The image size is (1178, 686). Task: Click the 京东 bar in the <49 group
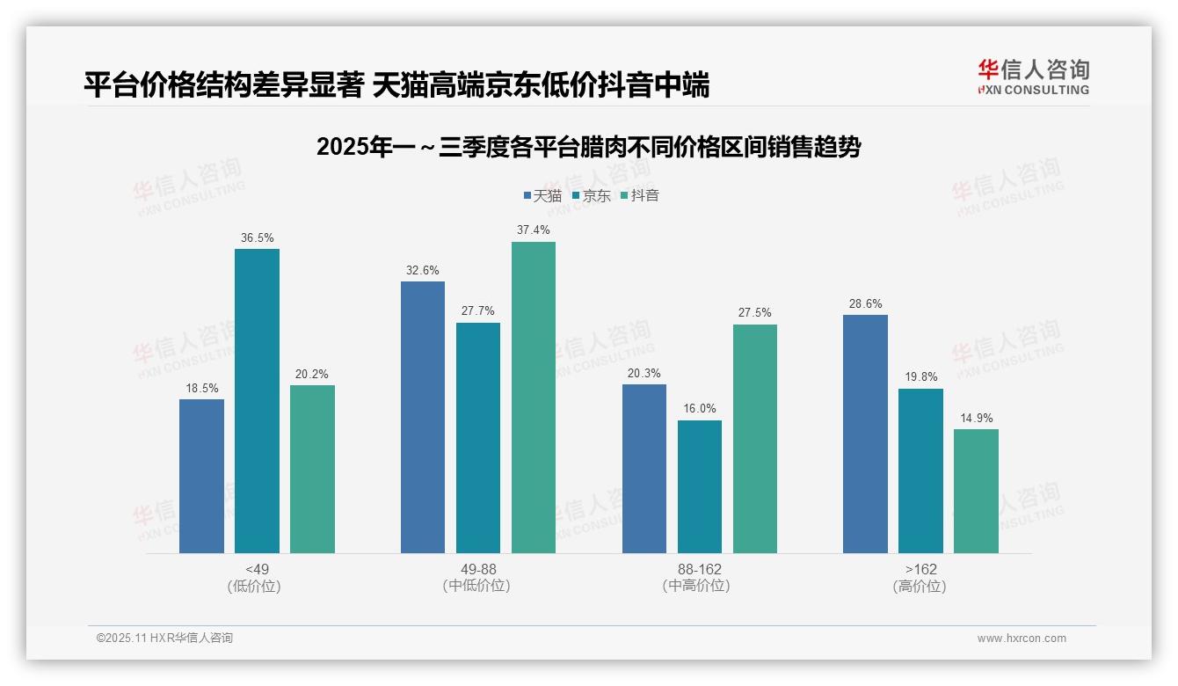click(x=257, y=401)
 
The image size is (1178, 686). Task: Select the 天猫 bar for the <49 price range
click(x=201, y=476)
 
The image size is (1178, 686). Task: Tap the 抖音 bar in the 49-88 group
click(x=534, y=398)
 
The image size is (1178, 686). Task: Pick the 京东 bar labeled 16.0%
click(x=700, y=486)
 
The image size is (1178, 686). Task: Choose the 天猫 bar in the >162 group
click(x=865, y=434)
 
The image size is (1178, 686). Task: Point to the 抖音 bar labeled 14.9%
click(x=976, y=491)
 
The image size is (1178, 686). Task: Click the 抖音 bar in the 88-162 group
click(x=755, y=439)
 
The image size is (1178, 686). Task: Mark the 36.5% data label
click(x=257, y=237)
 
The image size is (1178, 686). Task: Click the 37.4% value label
click(x=534, y=230)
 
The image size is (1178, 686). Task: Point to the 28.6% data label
click(x=865, y=303)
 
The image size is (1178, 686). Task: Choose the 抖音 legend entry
click(x=639, y=195)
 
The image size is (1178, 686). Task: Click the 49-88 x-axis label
click(x=478, y=569)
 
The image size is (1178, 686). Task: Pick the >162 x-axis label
click(x=920, y=569)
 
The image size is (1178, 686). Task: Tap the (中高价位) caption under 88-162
click(x=700, y=586)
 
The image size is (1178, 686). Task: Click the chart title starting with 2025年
click(x=588, y=147)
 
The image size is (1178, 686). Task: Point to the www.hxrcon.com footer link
click(x=1022, y=639)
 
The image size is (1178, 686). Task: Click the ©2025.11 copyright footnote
click(x=164, y=639)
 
